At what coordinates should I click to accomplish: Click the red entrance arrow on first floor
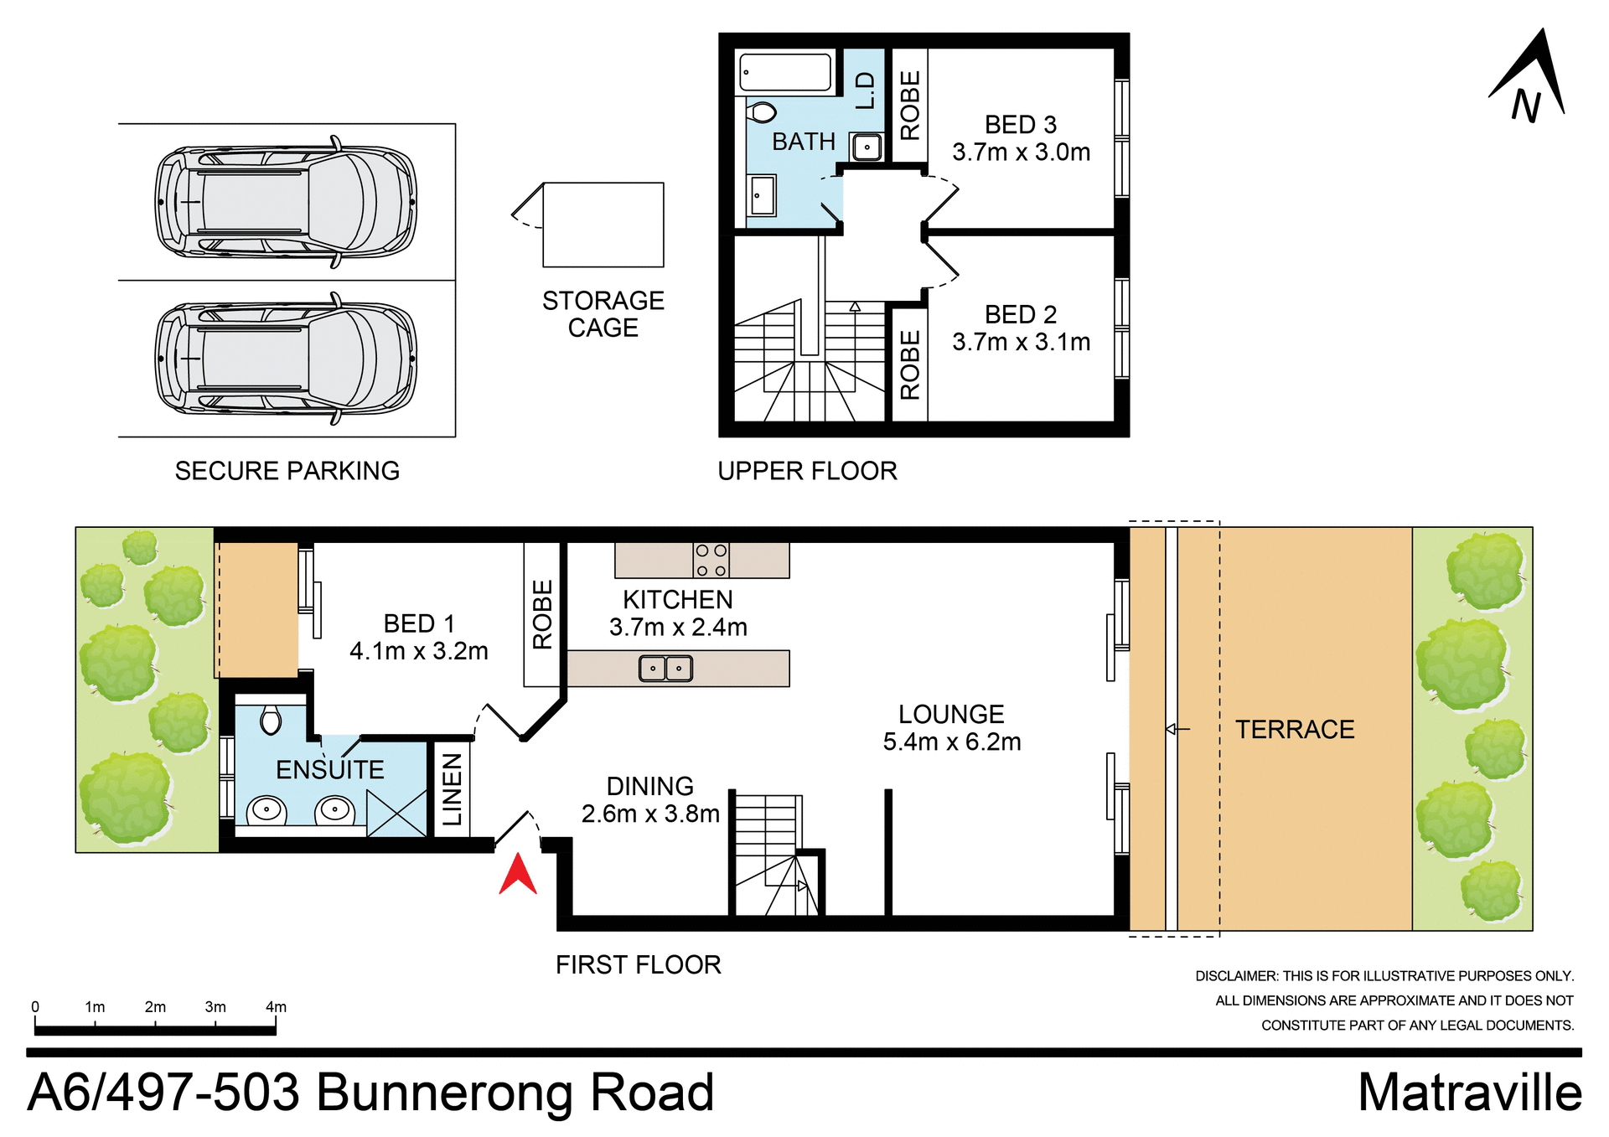[518, 876]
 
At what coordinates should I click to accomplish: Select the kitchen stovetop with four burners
[711, 560]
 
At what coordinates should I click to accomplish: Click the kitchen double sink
[665, 668]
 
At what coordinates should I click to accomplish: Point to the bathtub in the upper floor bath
[785, 72]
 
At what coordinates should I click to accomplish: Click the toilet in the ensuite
[270, 719]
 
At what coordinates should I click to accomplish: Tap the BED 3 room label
[1020, 125]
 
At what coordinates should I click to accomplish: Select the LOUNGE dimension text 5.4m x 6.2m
[951, 742]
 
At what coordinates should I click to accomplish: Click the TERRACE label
[1294, 729]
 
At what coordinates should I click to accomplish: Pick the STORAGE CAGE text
[603, 313]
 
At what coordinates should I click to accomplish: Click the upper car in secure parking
[286, 202]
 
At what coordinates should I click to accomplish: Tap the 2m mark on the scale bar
[155, 1007]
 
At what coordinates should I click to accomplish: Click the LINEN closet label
[452, 788]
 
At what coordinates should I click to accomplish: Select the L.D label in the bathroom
[864, 90]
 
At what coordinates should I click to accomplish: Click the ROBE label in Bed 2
[909, 364]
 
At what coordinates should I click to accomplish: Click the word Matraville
[1469, 1093]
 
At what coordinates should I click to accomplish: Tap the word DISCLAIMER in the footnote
[1235, 976]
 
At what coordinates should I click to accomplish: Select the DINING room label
[649, 786]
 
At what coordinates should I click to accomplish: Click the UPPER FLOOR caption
[807, 471]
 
